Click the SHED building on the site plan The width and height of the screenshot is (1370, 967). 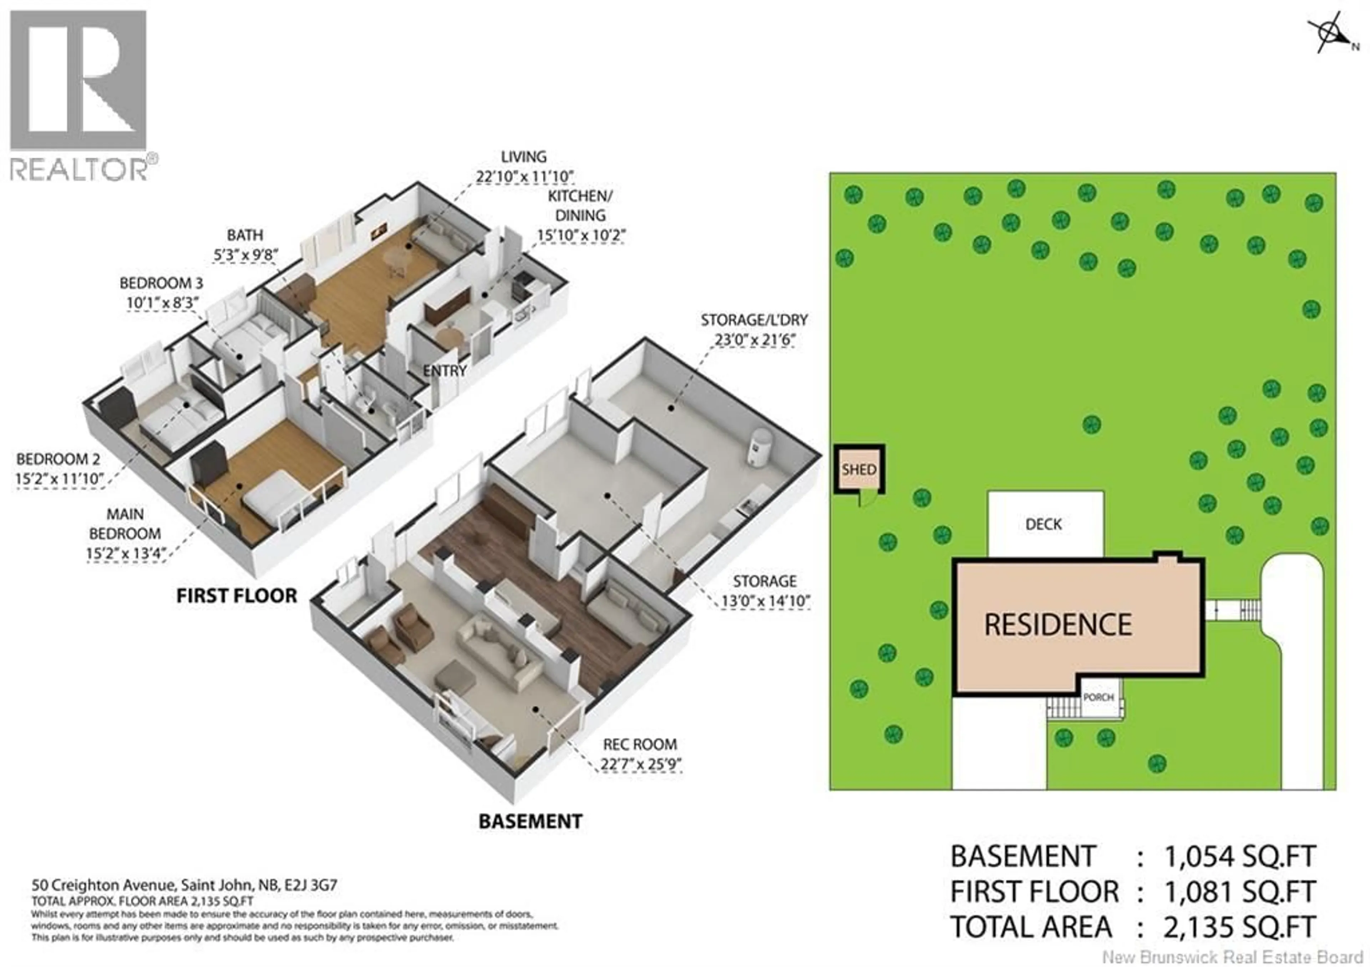(x=859, y=469)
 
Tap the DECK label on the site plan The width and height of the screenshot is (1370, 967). (x=1044, y=524)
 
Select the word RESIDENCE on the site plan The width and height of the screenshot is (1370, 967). (x=1058, y=625)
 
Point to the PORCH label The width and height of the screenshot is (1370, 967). (x=1098, y=697)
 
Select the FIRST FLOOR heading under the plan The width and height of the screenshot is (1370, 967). (x=236, y=595)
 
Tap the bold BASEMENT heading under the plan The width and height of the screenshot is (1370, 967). (x=530, y=821)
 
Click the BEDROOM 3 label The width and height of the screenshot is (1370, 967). (x=161, y=283)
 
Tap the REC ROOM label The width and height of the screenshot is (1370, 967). (x=640, y=744)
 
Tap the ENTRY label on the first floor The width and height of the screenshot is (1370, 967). (x=445, y=371)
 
